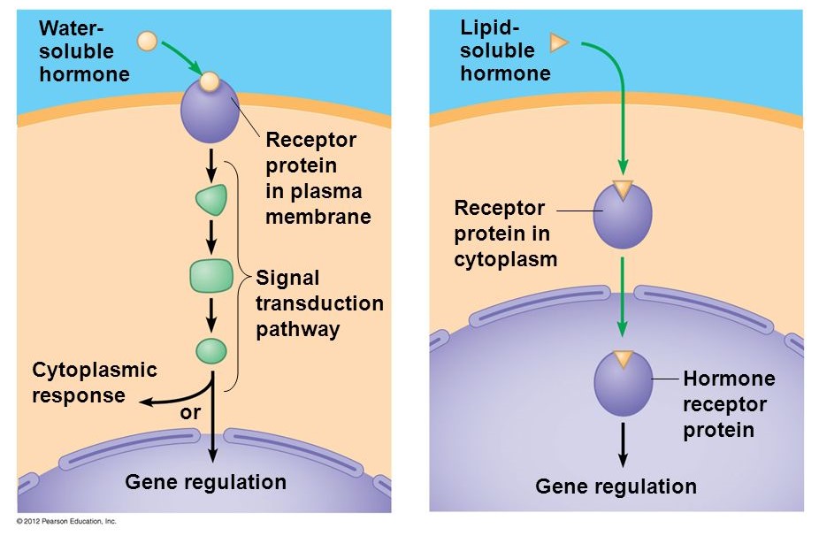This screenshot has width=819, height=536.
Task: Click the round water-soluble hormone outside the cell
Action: (148, 41)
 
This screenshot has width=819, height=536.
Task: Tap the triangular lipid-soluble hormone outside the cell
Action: (558, 42)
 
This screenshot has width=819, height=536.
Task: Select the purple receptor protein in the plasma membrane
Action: (210, 111)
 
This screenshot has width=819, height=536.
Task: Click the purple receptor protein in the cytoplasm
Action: (623, 215)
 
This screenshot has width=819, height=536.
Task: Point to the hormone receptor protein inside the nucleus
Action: (624, 384)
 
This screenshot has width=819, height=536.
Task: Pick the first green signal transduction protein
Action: (211, 200)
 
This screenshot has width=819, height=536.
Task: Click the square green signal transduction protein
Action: (211, 276)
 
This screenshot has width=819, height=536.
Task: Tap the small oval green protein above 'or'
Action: (211, 351)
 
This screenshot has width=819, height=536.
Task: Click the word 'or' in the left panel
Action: (190, 413)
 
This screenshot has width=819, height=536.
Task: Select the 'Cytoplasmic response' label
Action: (95, 382)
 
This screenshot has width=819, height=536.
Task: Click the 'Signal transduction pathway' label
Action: (319, 303)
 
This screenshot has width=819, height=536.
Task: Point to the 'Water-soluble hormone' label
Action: (84, 51)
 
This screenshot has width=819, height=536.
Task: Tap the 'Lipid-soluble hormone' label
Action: (505, 50)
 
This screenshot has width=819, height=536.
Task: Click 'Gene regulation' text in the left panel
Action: (206, 482)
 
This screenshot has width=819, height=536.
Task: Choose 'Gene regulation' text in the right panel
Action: (616, 486)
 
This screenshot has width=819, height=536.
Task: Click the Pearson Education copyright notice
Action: (66, 521)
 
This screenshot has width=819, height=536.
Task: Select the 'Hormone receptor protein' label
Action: (729, 404)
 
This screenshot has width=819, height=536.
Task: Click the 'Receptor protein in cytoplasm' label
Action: (506, 234)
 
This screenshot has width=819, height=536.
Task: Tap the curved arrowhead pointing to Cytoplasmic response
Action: (148, 402)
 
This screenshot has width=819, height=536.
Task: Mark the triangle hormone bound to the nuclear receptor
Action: (624, 358)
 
